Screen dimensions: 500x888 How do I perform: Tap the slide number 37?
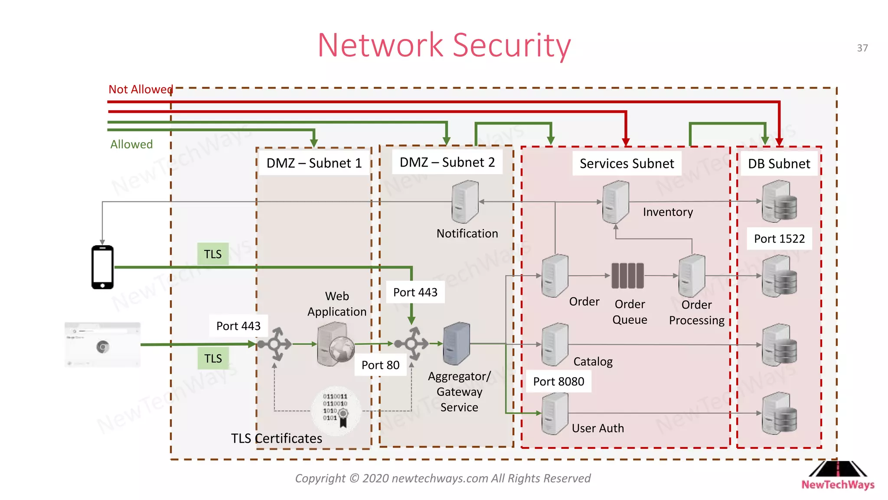point(862,48)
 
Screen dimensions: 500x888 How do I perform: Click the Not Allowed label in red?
point(140,89)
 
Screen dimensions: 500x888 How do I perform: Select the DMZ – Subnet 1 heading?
point(314,163)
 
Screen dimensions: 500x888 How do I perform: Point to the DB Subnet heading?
point(779,164)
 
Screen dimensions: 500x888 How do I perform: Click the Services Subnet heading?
point(627,164)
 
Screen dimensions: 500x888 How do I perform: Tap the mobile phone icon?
point(102,267)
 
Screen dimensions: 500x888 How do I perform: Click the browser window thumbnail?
point(102,345)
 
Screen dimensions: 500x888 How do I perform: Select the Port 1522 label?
point(779,239)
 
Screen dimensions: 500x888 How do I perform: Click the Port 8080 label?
point(558,382)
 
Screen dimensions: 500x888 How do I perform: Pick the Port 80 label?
point(380,365)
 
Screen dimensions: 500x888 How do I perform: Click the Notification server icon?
point(465,202)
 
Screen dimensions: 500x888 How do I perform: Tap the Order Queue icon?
point(627,276)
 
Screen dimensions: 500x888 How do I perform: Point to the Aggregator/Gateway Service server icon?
point(456,343)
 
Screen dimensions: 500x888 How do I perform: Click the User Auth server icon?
point(555,413)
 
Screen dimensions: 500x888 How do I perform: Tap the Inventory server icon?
point(615,202)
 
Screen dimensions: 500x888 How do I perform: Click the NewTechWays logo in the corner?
point(838,476)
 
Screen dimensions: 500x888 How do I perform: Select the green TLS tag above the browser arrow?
point(212,254)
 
